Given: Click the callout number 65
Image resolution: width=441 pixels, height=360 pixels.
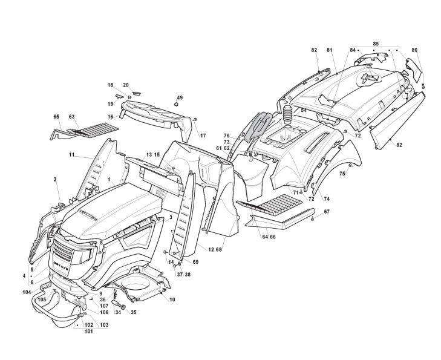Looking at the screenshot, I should click(x=56, y=116).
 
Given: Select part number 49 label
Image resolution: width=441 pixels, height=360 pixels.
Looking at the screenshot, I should click(x=180, y=97).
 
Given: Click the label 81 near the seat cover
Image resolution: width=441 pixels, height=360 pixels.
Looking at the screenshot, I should click(x=330, y=50).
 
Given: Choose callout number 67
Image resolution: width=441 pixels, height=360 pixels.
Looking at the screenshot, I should click(x=327, y=211).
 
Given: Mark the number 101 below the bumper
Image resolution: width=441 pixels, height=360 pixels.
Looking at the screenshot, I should click(x=89, y=331).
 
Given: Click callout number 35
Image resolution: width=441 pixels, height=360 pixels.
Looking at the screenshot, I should click(x=134, y=313).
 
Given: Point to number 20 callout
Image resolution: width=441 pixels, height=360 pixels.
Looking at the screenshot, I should click(x=126, y=85).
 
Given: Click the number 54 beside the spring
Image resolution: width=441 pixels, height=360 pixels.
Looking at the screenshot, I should click(x=304, y=111).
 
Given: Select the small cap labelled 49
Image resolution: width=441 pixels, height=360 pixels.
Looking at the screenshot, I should click(x=177, y=105).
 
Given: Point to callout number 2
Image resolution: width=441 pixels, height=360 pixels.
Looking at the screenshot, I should click(x=55, y=180).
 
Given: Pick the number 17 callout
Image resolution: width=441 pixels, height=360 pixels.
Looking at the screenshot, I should click(x=203, y=136).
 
